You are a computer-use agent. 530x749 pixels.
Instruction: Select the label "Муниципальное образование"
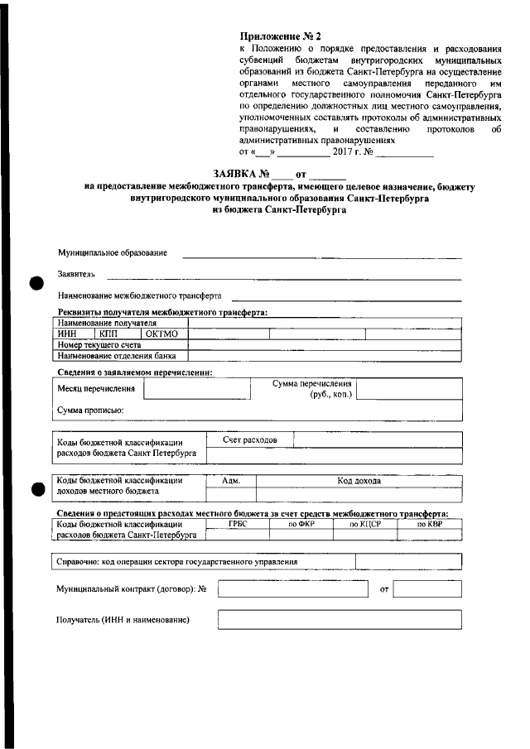(x=112, y=252)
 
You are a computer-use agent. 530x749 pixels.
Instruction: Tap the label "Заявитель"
(x=76, y=274)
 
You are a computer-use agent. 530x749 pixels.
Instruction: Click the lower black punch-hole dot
(x=34, y=489)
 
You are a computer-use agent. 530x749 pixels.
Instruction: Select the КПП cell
(x=109, y=334)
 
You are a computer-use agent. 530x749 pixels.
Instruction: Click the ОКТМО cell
(x=161, y=334)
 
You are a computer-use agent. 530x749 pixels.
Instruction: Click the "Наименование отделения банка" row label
(x=116, y=355)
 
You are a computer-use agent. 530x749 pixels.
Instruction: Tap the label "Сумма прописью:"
(x=90, y=411)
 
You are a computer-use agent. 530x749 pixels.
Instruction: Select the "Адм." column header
(x=232, y=480)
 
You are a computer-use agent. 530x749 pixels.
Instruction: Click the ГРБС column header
(x=238, y=524)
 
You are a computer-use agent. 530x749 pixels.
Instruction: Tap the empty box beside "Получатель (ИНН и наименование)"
(x=338, y=619)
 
